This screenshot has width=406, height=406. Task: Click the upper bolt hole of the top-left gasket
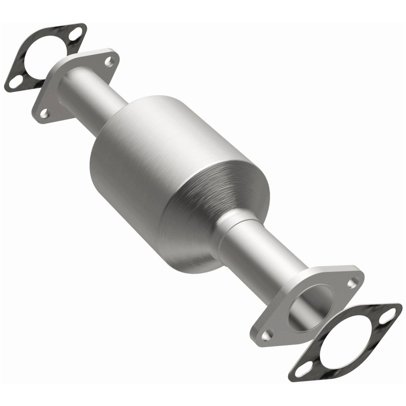(75, 35)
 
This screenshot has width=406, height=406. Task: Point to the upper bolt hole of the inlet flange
(108, 62)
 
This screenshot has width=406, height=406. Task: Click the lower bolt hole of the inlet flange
(45, 113)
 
